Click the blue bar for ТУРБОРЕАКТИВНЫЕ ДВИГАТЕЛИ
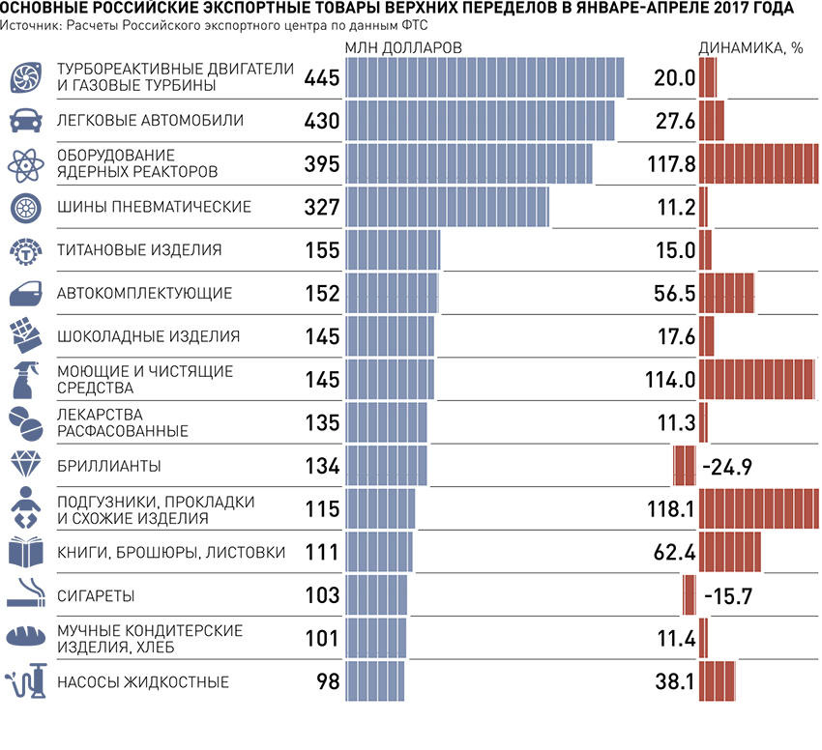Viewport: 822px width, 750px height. pos(484,77)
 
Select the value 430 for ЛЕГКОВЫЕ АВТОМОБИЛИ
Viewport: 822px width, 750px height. pos(322,121)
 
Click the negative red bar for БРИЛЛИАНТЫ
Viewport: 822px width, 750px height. pos(684,466)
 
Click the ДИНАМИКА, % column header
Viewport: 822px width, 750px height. pos(750,47)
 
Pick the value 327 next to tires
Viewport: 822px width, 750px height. pos(322,207)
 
